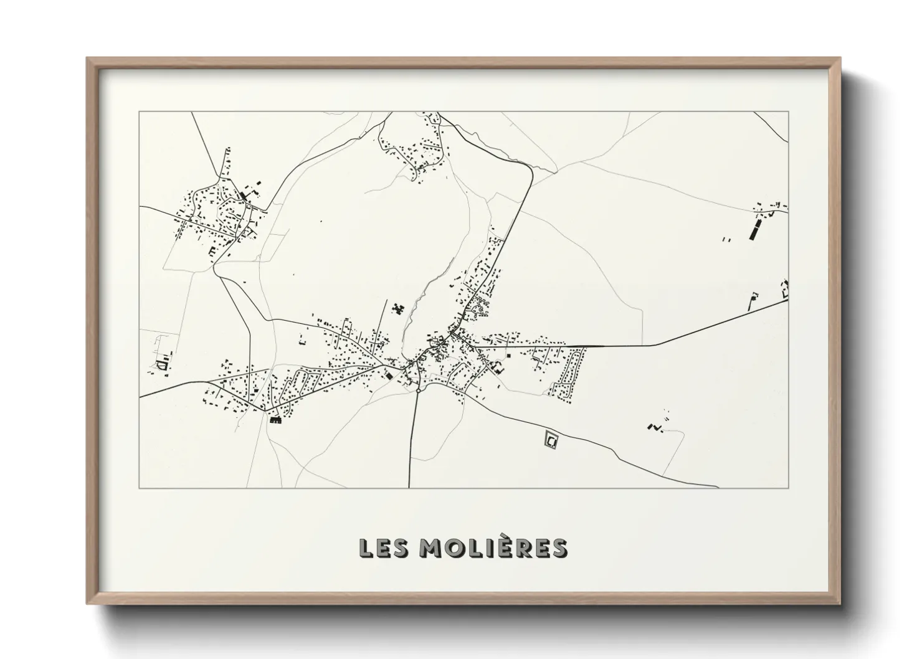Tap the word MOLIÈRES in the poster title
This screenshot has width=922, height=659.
coord(493,548)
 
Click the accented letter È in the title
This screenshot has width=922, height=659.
coord(511,547)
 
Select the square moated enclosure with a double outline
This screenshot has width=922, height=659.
coord(551,440)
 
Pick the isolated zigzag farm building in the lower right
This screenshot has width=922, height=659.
coord(654,427)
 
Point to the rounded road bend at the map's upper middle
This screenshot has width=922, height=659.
coord(528,168)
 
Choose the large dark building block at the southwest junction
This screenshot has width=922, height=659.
coord(275,420)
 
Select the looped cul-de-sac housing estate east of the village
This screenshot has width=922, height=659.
coord(571,374)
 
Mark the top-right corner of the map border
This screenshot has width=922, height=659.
coord(788,112)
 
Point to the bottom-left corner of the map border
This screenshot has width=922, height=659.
coord(139,488)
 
